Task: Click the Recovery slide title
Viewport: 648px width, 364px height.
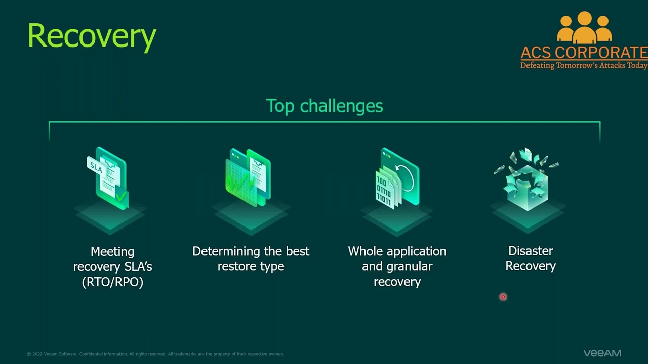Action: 92,37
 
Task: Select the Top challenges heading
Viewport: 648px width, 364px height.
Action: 325,106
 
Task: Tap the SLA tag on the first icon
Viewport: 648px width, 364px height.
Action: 96,167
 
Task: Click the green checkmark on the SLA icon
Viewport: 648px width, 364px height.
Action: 121,197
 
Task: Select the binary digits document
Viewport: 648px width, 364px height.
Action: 384,190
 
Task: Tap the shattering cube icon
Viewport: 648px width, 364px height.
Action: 526,179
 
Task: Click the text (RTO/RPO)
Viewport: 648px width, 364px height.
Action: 112,282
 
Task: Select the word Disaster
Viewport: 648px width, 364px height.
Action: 531,251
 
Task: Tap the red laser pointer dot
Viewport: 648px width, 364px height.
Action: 503,297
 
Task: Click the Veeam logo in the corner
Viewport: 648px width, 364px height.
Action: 602,353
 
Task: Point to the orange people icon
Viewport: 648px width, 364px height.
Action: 584,28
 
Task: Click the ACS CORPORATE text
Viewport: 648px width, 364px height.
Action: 584,53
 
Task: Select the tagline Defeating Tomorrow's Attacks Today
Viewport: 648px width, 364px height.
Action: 584,65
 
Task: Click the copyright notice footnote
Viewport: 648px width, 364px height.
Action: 155,354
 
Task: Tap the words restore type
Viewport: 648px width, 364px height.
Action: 251,266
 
